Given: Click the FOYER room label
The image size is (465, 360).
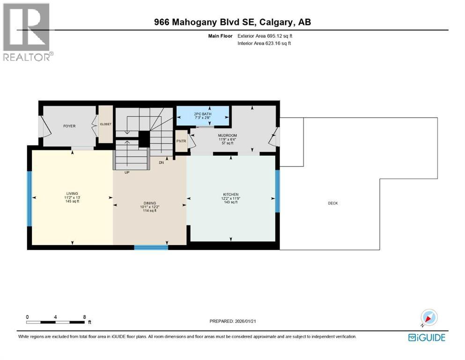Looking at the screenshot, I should tap(69, 126).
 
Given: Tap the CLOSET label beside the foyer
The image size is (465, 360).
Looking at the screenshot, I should tap(105, 125).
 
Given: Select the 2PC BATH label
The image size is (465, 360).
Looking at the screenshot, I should tap(203, 114).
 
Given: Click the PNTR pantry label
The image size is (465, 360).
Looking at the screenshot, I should tap(180, 141).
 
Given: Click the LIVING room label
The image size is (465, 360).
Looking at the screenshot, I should tap(72, 194).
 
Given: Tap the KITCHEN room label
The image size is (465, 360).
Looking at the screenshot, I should tap(231, 194).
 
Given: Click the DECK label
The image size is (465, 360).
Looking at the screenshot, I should tap(332, 203).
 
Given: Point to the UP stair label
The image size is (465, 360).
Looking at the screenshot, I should tap(127, 172).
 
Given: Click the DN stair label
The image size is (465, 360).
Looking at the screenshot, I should tap(161, 163).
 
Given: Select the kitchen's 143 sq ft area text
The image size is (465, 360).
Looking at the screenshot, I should tap(231, 202).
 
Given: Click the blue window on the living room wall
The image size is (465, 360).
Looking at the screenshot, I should tap(29, 198).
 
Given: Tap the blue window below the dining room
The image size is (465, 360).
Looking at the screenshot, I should tap(151, 247).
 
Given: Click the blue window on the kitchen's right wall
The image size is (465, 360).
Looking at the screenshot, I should tap(277, 190).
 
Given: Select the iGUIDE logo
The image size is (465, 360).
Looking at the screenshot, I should tap(426, 337).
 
